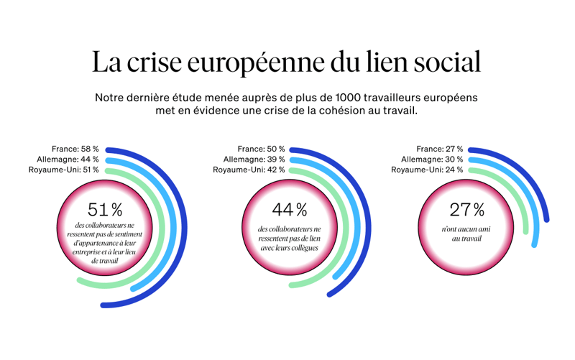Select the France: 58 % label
[75, 149]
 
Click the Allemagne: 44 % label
[68, 160]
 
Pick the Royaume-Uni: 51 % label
[64, 170]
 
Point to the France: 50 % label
[261, 149]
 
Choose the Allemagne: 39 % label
[254, 160]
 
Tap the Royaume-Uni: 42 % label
[249, 170]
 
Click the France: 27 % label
[439, 149]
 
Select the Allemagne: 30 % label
[432, 160]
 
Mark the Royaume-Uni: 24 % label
[427, 170]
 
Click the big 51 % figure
[105, 210]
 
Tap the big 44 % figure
[290, 210]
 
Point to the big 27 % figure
[467, 210]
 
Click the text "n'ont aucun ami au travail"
[467, 234]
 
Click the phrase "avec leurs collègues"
[290, 248]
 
